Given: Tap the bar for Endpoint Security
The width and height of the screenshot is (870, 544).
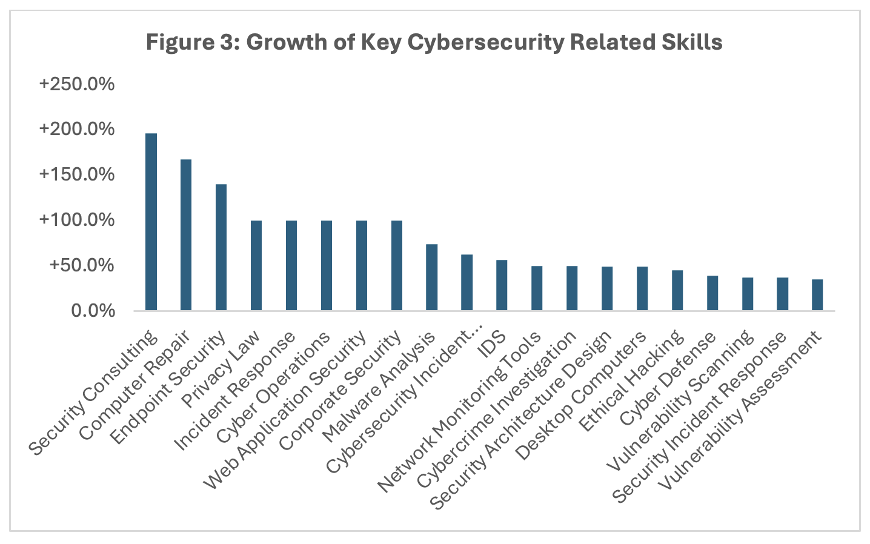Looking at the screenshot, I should click(x=221, y=247).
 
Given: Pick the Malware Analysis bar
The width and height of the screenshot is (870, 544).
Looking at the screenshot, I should click(x=431, y=277).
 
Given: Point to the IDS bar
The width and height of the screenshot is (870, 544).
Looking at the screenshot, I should click(x=502, y=285).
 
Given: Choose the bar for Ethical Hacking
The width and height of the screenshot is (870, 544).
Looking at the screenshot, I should click(x=677, y=290).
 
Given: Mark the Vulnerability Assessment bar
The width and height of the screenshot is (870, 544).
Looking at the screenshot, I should click(x=817, y=295).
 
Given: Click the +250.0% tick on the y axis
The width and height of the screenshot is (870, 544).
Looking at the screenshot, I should click(x=77, y=84).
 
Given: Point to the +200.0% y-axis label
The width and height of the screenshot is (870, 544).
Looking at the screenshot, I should click(x=77, y=129).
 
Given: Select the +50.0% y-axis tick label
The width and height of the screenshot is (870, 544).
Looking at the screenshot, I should click(x=82, y=265).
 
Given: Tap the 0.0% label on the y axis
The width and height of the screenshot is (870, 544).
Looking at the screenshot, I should click(x=93, y=311).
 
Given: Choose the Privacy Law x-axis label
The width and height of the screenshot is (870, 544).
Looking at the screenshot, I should click(x=222, y=368).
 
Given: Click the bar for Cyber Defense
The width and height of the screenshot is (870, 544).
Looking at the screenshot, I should click(x=712, y=293).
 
